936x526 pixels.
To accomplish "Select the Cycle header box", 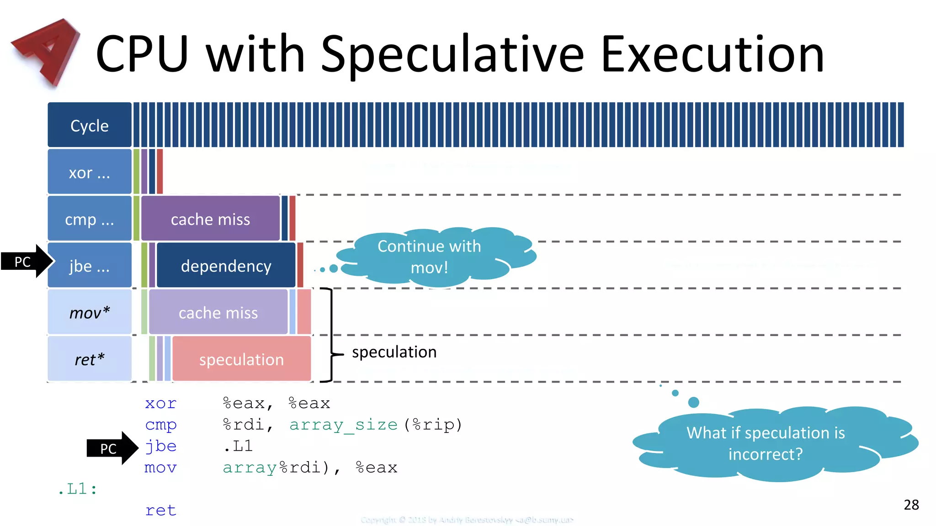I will pyautogui.click(x=90, y=125).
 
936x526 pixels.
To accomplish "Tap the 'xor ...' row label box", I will pyautogui.click(x=90, y=172).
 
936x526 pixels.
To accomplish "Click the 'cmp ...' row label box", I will pyautogui.click(x=90, y=219).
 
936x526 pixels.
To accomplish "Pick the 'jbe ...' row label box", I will pyautogui.click(x=90, y=265).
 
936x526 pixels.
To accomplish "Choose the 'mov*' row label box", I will pyautogui.click(x=90, y=312).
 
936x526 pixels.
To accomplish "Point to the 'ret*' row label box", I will pyautogui.click(x=90, y=359).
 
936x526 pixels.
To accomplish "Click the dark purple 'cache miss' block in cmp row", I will pyautogui.click(x=210, y=219).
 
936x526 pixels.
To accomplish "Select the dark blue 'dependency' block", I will pyautogui.click(x=226, y=265).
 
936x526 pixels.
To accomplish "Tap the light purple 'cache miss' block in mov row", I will pyautogui.click(x=218, y=312).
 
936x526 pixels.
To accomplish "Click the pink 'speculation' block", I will pyautogui.click(x=241, y=359).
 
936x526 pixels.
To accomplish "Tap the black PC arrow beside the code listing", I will pyautogui.click(x=112, y=448).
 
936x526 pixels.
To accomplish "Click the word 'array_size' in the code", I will pyautogui.click(x=343, y=425).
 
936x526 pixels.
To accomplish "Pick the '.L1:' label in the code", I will pyautogui.click(x=78, y=489).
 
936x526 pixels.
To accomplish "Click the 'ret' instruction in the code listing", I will pyautogui.click(x=160, y=510).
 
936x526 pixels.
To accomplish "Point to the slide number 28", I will pyautogui.click(x=911, y=505).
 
